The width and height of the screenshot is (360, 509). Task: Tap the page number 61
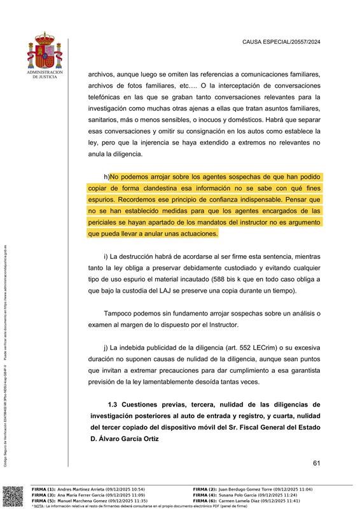coord(316,463)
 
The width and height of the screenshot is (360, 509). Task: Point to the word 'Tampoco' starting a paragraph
coord(120,313)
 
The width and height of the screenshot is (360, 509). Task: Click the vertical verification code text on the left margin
coord(6,356)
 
